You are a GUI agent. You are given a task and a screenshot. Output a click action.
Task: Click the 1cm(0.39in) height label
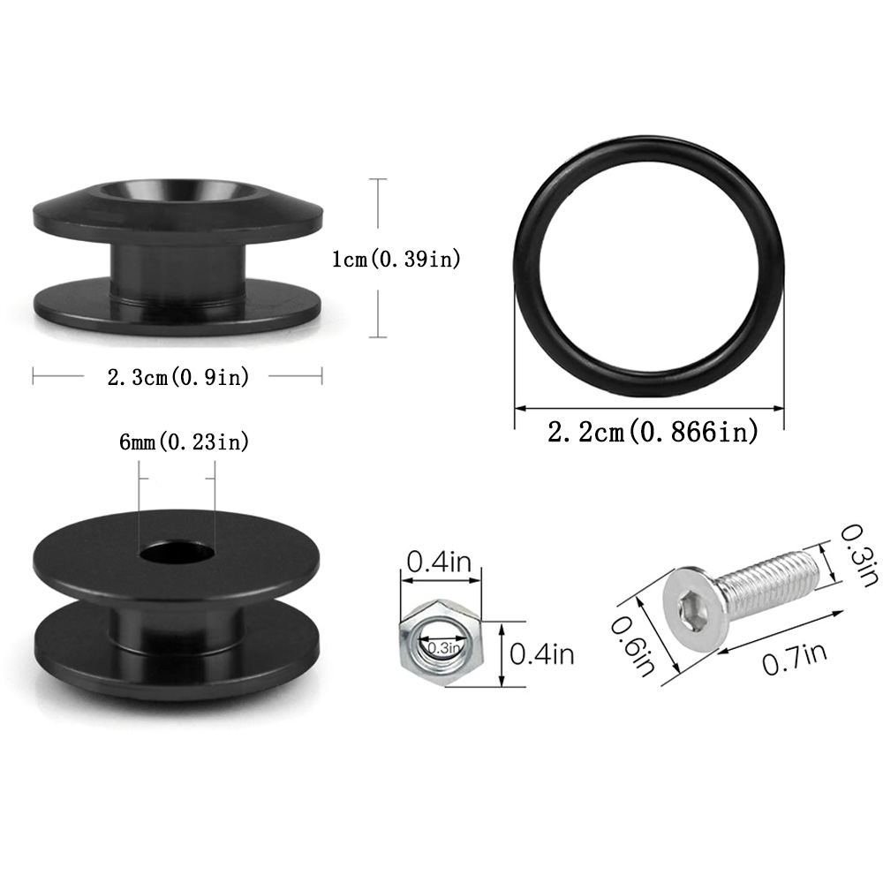pyautogui.click(x=396, y=259)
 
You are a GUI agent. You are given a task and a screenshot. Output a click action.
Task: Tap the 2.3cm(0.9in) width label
pyautogui.click(x=178, y=377)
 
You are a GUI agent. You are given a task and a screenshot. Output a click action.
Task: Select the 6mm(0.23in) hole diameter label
pyautogui.click(x=185, y=442)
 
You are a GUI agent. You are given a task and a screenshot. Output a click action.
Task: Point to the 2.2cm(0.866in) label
pyautogui.click(x=653, y=432)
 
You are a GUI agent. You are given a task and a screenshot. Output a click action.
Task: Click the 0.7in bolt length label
pyautogui.click(x=795, y=659)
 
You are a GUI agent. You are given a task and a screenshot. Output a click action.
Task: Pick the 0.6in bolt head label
pyautogui.click(x=632, y=646)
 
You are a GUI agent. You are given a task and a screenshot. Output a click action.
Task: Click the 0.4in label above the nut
pyautogui.click(x=439, y=562)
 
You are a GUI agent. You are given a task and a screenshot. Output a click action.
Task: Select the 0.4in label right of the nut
pyautogui.click(x=542, y=654)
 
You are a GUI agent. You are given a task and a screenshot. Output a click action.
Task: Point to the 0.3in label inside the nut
pyautogui.click(x=444, y=647)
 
